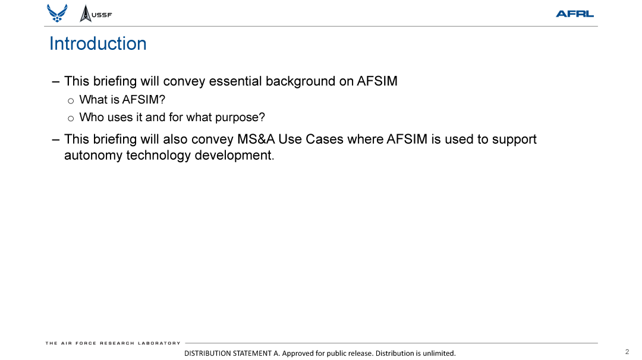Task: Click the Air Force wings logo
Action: pos(57,13)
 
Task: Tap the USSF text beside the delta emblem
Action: pos(102,15)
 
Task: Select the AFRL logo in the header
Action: pos(574,14)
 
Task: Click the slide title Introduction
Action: pos(97,44)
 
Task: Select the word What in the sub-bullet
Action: pos(92,100)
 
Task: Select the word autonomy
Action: pos(93,156)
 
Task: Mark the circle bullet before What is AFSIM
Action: pos(71,100)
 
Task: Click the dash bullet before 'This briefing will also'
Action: pos(56,140)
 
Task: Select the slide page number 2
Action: pos(627,352)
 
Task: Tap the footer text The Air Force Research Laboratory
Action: pos(113,343)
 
